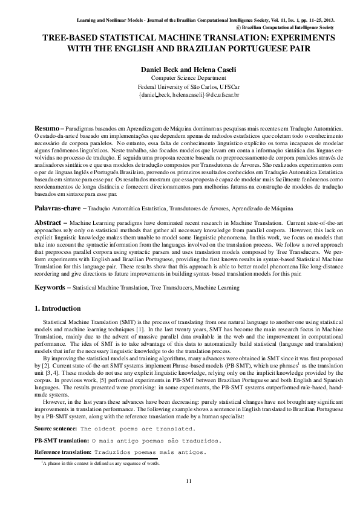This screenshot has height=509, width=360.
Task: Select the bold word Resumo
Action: (46, 129)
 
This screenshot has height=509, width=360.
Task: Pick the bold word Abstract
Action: (48, 223)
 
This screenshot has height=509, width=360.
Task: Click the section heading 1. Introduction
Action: (60, 310)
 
